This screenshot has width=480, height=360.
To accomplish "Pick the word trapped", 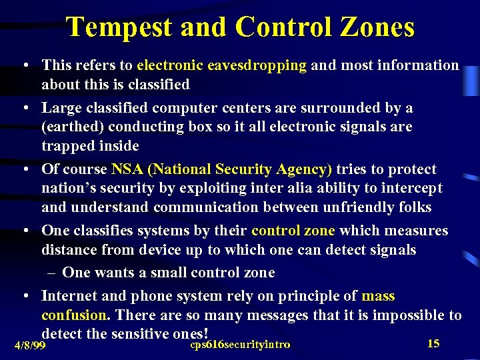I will pos(65,145).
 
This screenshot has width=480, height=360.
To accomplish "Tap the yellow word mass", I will pos(377,295).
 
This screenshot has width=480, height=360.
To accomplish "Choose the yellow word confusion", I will pos(74,315).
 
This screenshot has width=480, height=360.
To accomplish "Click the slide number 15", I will pos(433,343).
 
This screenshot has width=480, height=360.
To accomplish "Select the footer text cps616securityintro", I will pos(240,344).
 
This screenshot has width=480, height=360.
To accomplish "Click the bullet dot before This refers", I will pos(24,66).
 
